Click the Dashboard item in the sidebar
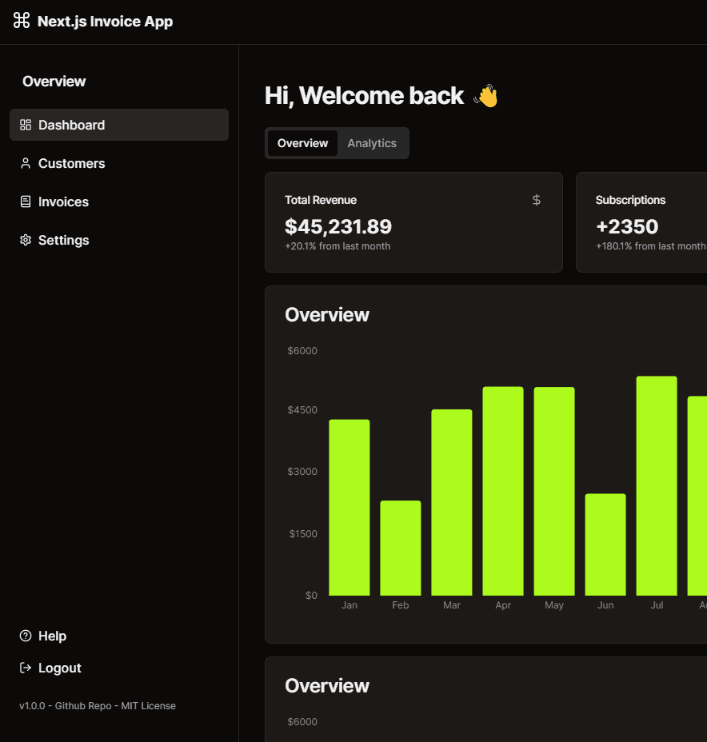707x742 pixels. [x=71, y=125]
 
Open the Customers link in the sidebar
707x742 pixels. [x=71, y=163]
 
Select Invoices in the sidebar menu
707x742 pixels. [x=63, y=201]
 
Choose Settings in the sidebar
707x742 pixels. [x=63, y=240]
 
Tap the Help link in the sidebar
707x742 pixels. [x=52, y=636]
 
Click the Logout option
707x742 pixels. [x=59, y=668]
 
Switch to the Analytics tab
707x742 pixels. [x=372, y=143]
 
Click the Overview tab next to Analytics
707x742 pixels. [x=302, y=143]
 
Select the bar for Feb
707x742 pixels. [x=401, y=548]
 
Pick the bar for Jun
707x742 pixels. [x=605, y=545]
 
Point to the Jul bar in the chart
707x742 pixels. [x=657, y=485]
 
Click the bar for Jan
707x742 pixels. [x=350, y=507]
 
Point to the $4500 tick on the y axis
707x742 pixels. [x=302, y=410]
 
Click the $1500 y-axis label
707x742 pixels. [x=303, y=533]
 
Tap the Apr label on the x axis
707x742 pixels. [x=503, y=605]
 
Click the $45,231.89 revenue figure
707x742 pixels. [x=338, y=226]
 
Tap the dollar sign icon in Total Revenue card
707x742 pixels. [x=537, y=200]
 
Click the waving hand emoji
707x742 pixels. [x=486, y=96]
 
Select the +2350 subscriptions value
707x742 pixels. [x=627, y=226]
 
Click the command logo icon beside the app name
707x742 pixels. [x=22, y=21]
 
